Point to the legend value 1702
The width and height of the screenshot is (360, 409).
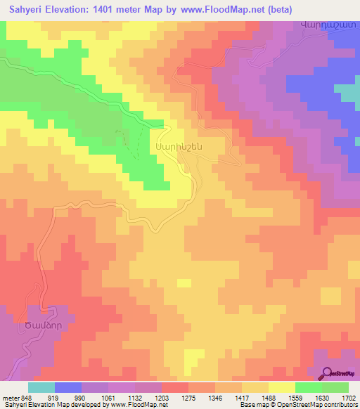pos(349,398)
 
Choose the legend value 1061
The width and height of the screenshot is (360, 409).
pos(109,398)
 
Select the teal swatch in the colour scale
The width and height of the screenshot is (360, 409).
pos(41,387)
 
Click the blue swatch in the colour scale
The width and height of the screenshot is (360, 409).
pos(68,387)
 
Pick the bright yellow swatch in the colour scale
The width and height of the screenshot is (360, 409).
pos(282,387)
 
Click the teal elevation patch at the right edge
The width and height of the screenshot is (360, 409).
pos(346,96)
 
